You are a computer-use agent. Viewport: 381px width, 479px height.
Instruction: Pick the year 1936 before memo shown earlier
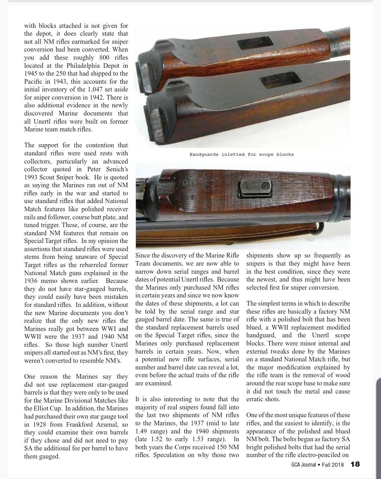click(x=32, y=281)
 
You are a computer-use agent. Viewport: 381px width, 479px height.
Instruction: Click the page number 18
click(x=355, y=465)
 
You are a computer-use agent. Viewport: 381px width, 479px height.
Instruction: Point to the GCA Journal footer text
click(x=304, y=465)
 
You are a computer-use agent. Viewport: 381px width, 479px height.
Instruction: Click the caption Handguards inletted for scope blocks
click(x=242, y=154)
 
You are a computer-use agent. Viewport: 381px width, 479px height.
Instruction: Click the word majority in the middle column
click(x=149, y=407)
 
